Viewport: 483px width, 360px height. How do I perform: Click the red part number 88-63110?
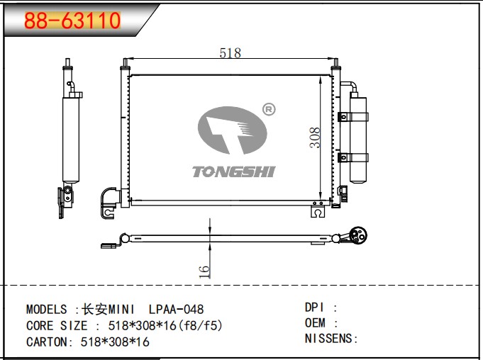pyautogui.click(x=72, y=21)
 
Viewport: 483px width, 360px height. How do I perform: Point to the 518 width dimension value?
pyautogui.click(x=230, y=53)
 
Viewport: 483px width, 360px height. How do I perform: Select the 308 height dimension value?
pyautogui.click(x=315, y=137)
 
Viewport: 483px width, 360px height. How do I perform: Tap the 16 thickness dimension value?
pyautogui.click(x=204, y=271)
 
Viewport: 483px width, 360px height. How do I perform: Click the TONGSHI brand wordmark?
pyautogui.click(x=233, y=171)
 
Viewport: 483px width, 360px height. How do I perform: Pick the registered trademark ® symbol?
pyautogui.click(x=269, y=110)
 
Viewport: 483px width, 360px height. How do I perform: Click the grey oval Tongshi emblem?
pyautogui.click(x=232, y=130)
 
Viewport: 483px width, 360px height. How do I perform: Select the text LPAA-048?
pyautogui.click(x=176, y=309)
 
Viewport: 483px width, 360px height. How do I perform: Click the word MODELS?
pyautogui.click(x=47, y=309)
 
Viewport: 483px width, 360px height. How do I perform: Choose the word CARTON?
pyautogui.click(x=47, y=342)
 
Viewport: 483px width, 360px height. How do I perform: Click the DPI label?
pyautogui.click(x=314, y=307)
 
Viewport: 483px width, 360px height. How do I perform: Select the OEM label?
pyautogui.click(x=315, y=322)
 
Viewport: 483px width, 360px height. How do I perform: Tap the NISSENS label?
pyautogui.click(x=328, y=339)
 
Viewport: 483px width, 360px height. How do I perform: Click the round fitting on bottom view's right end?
pyautogui.click(x=358, y=236)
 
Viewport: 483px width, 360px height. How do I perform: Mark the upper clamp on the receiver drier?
pyautogui.click(x=353, y=117)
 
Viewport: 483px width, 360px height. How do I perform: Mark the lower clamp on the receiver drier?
pyautogui.click(x=353, y=157)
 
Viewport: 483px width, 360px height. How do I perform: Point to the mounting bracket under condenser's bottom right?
pyautogui.click(x=318, y=210)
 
